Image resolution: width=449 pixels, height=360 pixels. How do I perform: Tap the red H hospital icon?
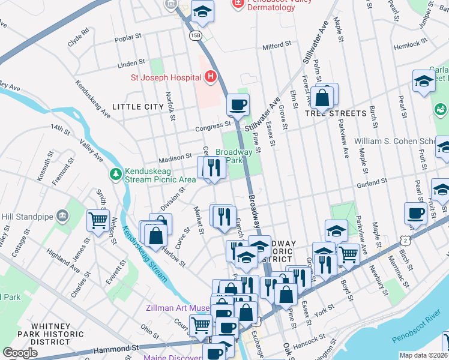[210, 77]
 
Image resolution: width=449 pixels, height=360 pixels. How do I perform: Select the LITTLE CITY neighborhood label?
[141, 107]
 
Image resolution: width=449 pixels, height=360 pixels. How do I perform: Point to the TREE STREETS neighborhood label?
[336, 113]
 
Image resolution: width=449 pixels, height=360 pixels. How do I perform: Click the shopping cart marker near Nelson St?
[98, 220]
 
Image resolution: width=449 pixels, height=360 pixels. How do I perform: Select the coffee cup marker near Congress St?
[238, 105]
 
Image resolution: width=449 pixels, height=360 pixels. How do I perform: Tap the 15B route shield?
[194, 37]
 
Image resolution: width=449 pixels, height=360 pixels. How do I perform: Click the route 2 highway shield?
[407, 240]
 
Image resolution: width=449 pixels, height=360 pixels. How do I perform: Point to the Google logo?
[20, 353]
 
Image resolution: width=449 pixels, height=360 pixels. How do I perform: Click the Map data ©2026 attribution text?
[424, 355]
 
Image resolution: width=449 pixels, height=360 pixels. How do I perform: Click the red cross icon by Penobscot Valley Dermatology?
[238, 4]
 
